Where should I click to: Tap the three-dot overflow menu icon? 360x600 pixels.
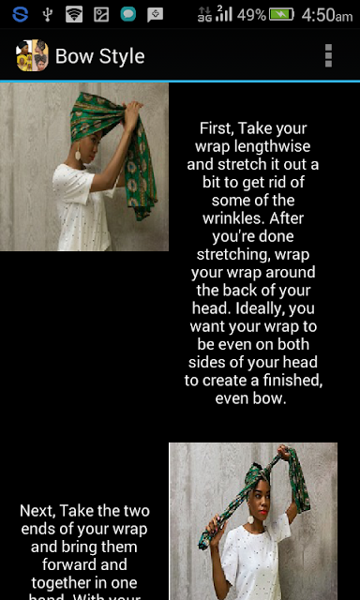pyautogui.click(x=328, y=56)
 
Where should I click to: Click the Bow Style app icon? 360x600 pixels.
pyautogui.click(x=32, y=55)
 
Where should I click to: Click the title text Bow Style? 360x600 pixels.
pyautogui.click(x=100, y=56)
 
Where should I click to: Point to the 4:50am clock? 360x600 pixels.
pyautogui.click(x=326, y=15)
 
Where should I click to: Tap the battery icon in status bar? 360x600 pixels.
pyautogui.click(x=281, y=15)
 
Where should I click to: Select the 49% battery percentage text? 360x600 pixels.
pyautogui.click(x=251, y=15)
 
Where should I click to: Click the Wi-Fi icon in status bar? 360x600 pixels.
pyautogui.click(x=74, y=15)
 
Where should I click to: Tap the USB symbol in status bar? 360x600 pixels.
pyautogui.click(x=47, y=15)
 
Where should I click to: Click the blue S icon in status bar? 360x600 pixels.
pyautogui.click(x=20, y=14)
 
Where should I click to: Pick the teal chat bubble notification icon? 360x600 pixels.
pyautogui.click(x=128, y=15)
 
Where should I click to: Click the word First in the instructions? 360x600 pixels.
pyautogui.click(x=217, y=128)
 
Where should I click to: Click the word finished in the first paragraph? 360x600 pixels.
pyautogui.click(x=292, y=382)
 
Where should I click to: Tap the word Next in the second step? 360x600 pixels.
pyautogui.click(x=37, y=511)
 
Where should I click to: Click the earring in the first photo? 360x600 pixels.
pyautogui.click(x=78, y=155)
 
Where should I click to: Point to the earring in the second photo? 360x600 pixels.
pyautogui.click(x=251, y=519)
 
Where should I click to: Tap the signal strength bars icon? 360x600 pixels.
pyautogui.click(x=224, y=13)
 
